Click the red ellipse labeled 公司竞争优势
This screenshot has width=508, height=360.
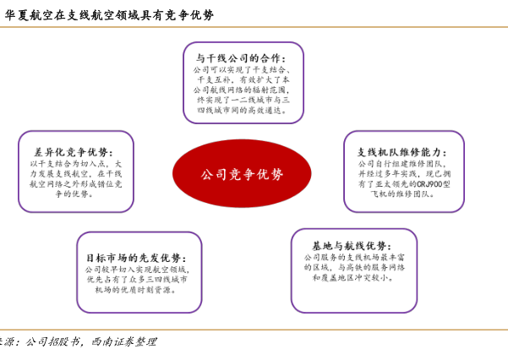(242, 173)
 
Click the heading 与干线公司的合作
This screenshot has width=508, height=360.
(242, 58)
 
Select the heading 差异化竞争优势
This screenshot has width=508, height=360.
(74, 152)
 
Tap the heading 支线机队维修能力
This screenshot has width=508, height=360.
(402, 152)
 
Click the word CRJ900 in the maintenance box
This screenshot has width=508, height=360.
(432, 183)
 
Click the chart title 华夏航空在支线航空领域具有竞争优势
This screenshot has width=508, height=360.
(110, 14)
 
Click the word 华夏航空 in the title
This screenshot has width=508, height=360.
(26, 14)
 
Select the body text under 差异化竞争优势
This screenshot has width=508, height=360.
(75, 178)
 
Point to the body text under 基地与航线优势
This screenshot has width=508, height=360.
(353, 267)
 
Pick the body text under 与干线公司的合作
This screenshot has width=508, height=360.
(243, 90)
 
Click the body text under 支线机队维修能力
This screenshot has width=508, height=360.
(403, 178)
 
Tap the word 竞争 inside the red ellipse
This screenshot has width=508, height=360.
(242, 174)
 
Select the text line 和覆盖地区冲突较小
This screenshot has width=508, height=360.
(353, 277)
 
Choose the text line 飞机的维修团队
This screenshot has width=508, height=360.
(402, 194)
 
